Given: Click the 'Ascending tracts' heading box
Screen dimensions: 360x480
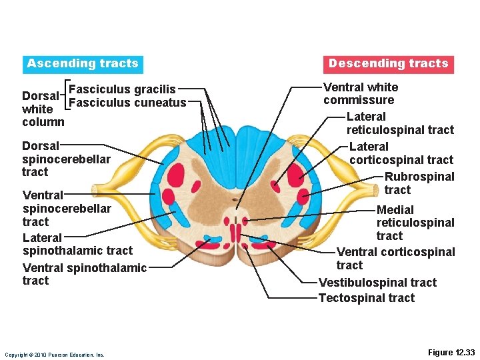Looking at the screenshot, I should pos(83,64).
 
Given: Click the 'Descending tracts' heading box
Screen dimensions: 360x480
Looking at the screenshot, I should pos(388,64).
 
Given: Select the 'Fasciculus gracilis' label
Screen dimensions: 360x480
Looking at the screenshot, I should pos(122,89).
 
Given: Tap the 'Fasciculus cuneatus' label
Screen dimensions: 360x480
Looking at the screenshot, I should pos(127,103).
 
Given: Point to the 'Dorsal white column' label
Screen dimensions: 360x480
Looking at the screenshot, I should pos(43,109).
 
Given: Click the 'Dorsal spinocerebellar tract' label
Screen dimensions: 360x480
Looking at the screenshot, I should pos(65,159).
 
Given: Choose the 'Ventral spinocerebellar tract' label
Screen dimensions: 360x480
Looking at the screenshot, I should pos(67,208).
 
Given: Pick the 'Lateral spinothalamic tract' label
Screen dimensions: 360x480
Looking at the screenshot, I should pos(77,244).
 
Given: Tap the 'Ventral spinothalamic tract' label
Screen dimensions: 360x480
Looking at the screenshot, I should pos(84,274).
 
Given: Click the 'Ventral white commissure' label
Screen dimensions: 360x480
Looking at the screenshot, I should pos(360,94).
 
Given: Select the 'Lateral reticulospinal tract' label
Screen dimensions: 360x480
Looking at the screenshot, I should pos(399,123).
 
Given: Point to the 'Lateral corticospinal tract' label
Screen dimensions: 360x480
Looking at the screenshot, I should pos(401,153).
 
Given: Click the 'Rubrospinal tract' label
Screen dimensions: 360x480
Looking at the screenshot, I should pos(419,183).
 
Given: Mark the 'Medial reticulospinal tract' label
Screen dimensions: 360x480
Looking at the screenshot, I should pos(415,223).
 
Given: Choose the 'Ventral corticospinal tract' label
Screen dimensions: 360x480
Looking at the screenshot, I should pos(395,258).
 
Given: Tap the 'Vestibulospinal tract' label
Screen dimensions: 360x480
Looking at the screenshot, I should pos(377,283).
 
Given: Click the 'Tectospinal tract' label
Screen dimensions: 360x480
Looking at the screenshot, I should pos(366,298).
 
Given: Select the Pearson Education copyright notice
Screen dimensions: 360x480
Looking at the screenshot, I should pos(54,355).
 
